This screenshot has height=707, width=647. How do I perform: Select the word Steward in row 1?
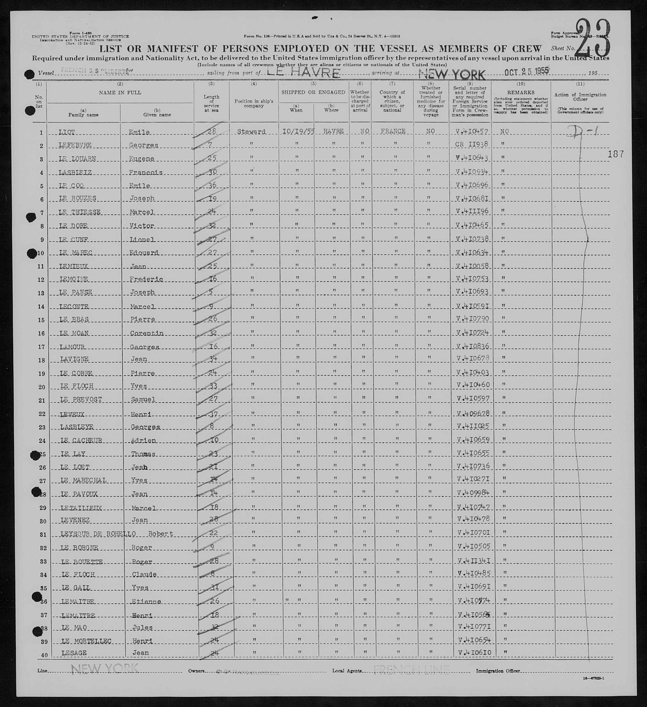pyautogui.click(x=251, y=132)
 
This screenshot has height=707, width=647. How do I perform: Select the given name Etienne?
pyautogui.click(x=146, y=601)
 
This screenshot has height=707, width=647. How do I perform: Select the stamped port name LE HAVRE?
pyautogui.click(x=303, y=73)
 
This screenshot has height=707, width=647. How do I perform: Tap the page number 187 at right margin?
pyautogui.click(x=616, y=154)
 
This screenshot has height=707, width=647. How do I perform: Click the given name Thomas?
pyautogui.click(x=143, y=454)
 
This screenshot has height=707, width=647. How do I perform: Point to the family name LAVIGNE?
pyautogui.click(x=74, y=359)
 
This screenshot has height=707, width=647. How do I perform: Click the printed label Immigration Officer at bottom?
pyautogui.click(x=498, y=671)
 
